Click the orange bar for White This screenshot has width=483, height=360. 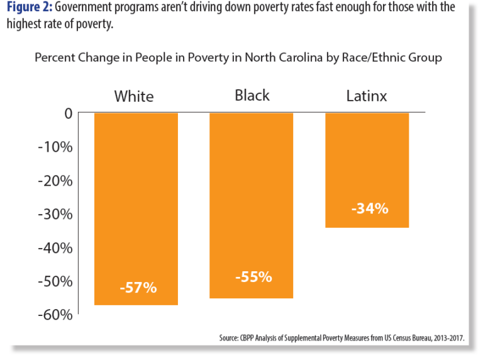(x=136, y=208)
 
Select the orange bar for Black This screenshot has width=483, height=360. (x=251, y=205)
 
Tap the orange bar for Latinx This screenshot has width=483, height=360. (x=367, y=170)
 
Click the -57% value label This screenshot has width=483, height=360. (x=137, y=288)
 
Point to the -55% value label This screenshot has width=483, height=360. (x=253, y=276)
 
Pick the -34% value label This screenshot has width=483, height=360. (x=369, y=208)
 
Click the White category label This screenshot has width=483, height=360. (x=133, y=96)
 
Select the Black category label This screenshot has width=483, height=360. (x=252, y=95)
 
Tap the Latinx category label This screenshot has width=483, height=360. (x=367, y=96)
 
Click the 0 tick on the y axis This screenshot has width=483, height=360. (x=67, y=113)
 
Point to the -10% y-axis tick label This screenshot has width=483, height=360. (x=56, y=147)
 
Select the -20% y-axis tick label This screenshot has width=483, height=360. (x=56, y=181)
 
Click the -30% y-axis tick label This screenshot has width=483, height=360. (x=56, y=214)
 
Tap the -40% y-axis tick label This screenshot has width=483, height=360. (x=56, y=247)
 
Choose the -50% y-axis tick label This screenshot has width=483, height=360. (x=56, y=281)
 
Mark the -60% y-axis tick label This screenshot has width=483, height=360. (x=56, y=314)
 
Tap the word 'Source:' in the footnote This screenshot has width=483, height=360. (x=229, y=338)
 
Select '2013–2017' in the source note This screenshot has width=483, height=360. (x=447, y=338)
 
